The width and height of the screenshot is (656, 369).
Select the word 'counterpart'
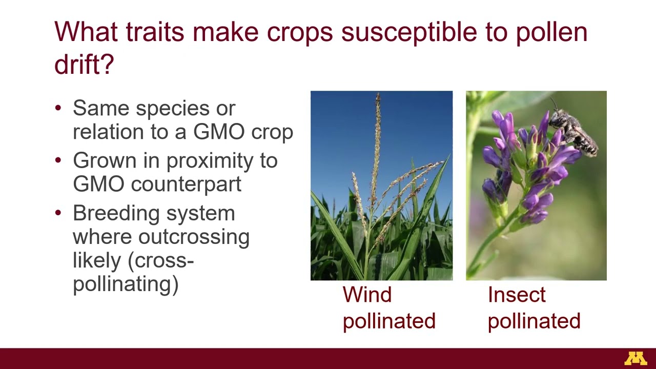click(186, 184)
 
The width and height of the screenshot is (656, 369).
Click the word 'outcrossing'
click(194, 237)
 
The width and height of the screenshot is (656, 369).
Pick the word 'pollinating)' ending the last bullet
click(126, 283)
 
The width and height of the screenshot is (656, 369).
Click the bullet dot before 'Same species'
click(58, 108)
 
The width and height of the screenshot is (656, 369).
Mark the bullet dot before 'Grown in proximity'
click(58, 160)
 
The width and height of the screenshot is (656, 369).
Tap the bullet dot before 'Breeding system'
click(58, 213)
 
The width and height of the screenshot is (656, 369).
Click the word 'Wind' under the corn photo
click(367, 295)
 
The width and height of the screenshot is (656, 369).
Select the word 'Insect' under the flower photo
click(517, 295)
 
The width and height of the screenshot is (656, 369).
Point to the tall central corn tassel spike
click(377, 138)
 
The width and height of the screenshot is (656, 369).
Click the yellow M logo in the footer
click(635, 359)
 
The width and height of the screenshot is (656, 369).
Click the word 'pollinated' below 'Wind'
click(389, 321)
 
